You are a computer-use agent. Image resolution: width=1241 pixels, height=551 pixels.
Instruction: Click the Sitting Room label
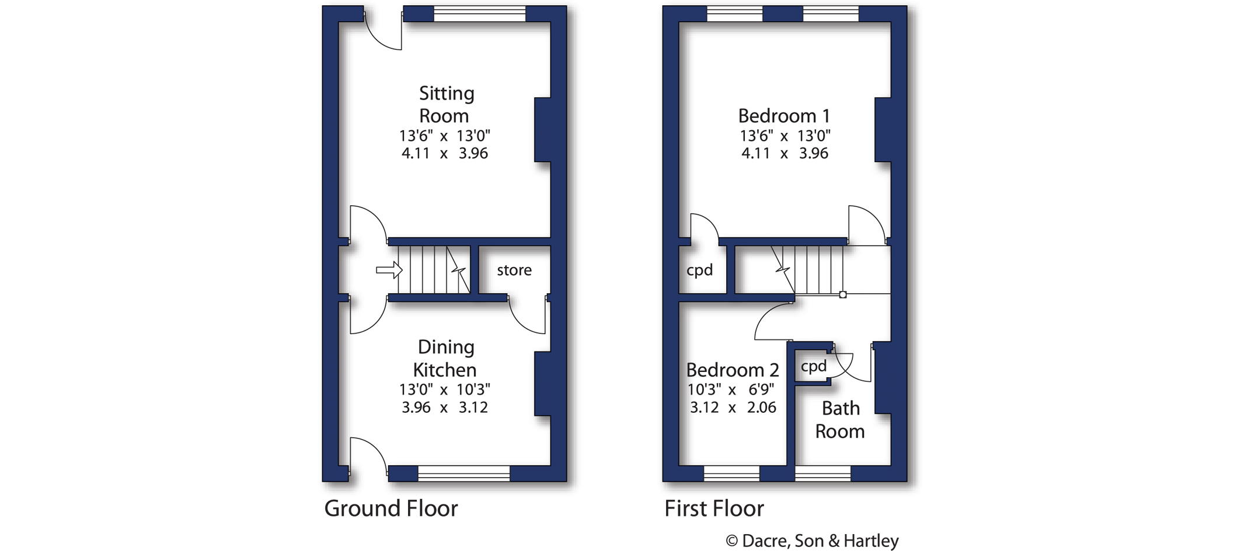[x=447, y=104]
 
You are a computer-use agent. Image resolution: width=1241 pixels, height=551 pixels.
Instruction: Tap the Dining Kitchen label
[x=445, y=358]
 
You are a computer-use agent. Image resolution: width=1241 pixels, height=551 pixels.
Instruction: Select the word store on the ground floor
[x=514, y=270]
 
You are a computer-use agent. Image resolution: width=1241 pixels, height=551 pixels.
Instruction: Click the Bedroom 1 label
[x=784, y=115]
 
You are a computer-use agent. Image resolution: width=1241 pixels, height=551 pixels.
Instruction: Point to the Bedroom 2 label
[x=733, y=370]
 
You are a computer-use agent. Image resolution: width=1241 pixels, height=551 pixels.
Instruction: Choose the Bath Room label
[x=840, y=420]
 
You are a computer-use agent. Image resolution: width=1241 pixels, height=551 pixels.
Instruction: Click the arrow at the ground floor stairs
[x=389, y=270]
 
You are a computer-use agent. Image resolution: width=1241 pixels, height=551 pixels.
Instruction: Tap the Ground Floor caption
[x=391, y=508]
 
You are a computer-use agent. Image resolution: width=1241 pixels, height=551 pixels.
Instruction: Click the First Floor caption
[x=714, y=508]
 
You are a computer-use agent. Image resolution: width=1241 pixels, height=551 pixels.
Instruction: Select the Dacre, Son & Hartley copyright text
[x=812, y=541]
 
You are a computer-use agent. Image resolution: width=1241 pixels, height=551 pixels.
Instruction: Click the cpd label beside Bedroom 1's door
[x=699, y=271]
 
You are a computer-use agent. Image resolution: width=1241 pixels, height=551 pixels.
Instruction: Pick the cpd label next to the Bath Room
[x=814, y=366]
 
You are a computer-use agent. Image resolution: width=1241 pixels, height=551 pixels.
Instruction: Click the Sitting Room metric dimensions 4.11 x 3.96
[x=445, y=153]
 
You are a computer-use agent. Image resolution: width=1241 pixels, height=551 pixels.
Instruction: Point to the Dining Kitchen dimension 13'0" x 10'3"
[x=445, y=389]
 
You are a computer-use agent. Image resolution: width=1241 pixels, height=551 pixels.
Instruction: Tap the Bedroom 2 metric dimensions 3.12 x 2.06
[x=733, y=408]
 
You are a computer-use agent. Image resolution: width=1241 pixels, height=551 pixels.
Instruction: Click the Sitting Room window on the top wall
[x=480, y=14]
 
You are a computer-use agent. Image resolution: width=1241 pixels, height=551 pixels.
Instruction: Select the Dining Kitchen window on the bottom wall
[x=464, y=473]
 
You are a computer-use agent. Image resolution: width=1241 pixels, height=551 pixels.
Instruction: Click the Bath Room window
[x=823, y=473]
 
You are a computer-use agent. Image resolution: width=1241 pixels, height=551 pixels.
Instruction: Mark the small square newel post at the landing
[x=843, y=295]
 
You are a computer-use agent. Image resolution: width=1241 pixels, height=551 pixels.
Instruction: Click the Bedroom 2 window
[x=732, y=473]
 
